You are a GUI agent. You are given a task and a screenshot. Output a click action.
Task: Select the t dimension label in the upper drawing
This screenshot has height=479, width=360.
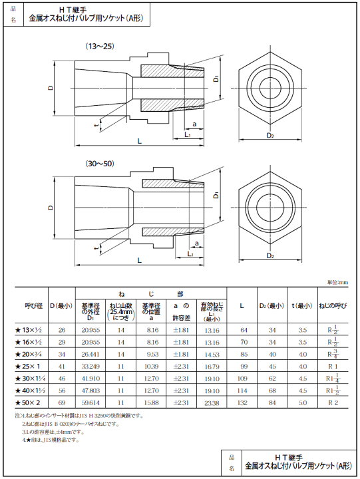pos(96,124)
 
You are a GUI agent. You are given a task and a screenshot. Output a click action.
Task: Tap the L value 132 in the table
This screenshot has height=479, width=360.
pos(244,403)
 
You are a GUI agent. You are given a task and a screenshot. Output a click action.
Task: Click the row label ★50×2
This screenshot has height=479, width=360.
pos(32,403)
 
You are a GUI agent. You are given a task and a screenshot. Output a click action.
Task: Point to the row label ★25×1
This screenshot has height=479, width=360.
pos(33,367)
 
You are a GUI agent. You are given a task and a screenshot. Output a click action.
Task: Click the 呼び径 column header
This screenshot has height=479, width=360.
pos(33,306)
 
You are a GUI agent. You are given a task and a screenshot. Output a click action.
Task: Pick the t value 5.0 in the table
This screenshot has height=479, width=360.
pos(303,403)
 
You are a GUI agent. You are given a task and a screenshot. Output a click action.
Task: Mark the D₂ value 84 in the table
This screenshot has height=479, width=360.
pos(272,403)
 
